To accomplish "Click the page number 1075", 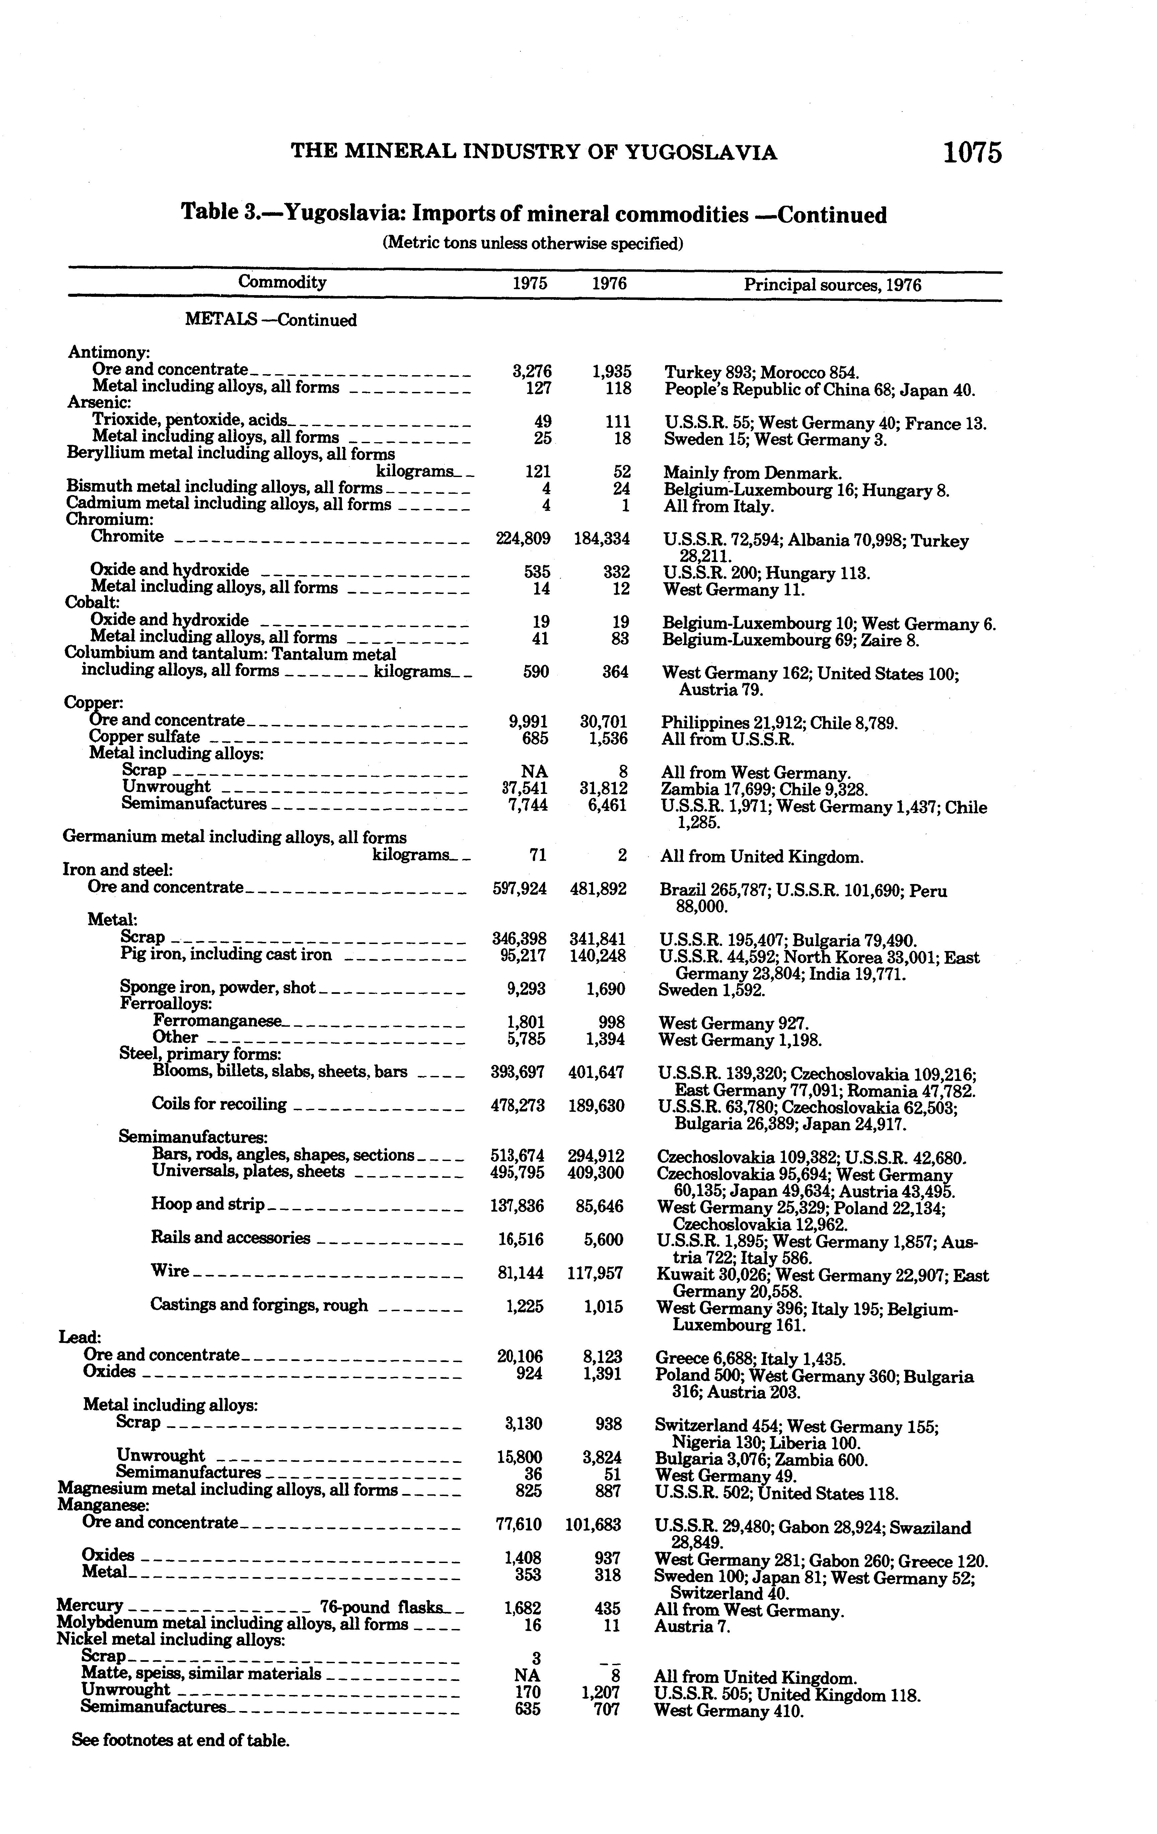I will [972, 153].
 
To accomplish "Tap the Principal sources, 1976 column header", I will [832, 285].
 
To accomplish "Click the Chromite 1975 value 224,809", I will [521, 538].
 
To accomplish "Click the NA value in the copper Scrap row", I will [531, 771].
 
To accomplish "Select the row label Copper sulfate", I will [145, 737].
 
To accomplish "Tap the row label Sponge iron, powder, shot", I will [218, 988].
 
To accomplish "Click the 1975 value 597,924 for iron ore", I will [520, 888].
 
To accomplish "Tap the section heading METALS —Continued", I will [270, 320].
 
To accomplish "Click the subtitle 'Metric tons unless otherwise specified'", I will [532, 244].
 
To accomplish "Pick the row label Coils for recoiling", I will [219, 1104].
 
